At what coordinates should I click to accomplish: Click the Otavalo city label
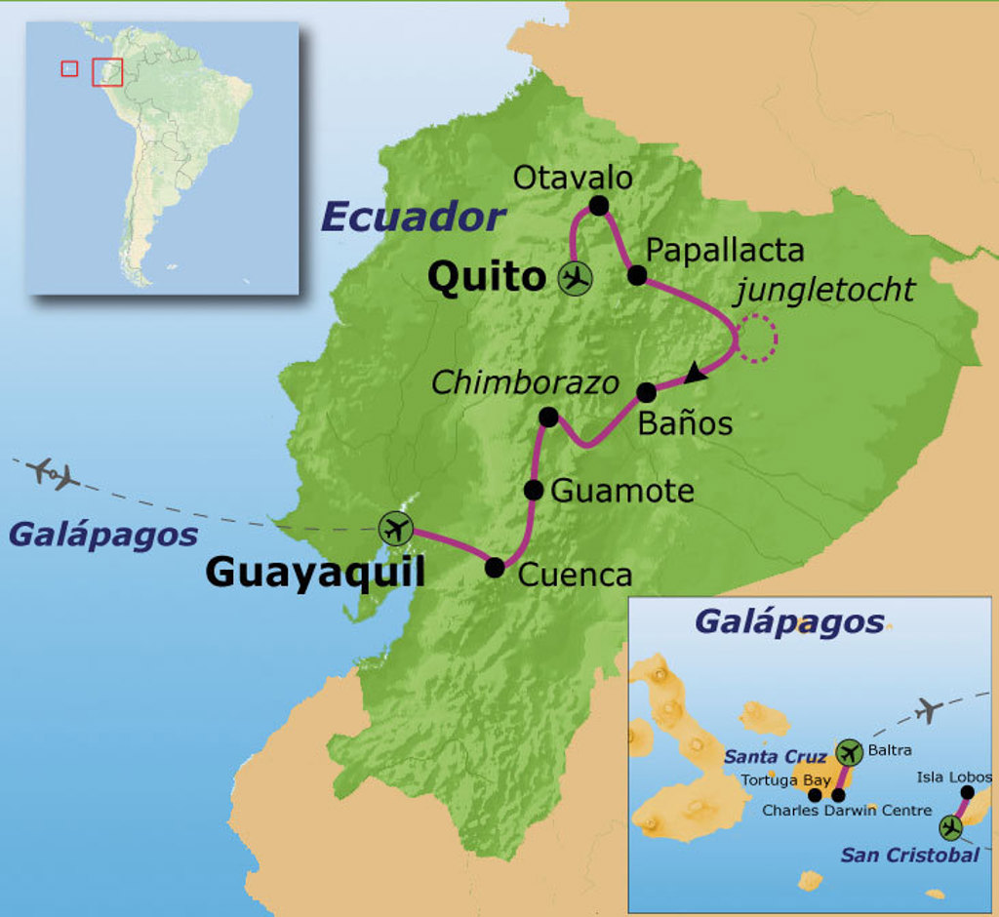pos(573,178)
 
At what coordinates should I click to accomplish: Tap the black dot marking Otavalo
pos(599,206)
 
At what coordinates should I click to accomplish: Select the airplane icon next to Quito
pos(576,278)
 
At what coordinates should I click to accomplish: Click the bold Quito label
pos(486,277)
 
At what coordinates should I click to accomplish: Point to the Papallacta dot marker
pos(637,275)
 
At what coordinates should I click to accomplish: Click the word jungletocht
pos(825,289)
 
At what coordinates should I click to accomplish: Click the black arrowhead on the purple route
pos(695,372)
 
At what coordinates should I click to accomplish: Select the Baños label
pos(684,424)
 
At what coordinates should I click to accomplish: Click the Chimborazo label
pos(525,382)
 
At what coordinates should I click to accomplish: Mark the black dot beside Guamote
pos(533,490)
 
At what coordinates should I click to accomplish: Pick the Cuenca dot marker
pos(495,567)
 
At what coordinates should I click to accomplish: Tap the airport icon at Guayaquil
pos(395,530)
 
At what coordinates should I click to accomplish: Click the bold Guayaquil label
pos(315,573)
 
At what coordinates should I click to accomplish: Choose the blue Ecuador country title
pos(413,217)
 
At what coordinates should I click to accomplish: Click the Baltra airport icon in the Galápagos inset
pos(849,753)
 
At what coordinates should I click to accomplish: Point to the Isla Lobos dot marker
pos(968,793)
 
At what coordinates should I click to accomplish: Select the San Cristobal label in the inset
pos(909,856)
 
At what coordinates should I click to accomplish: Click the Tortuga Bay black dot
pos(815,795)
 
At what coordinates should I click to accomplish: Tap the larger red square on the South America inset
pos(107,72)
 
